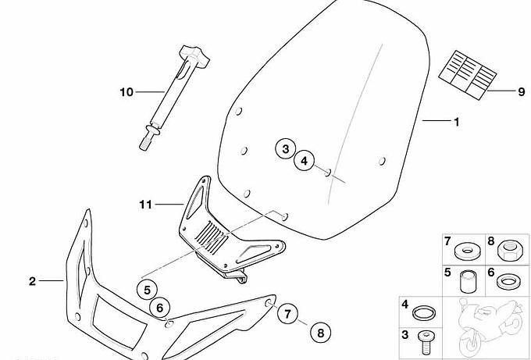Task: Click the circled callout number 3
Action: pyautogui.click(x=286, y=148)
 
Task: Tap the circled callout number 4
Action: pyautogui.click(x=304, y=161)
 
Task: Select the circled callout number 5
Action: pyautogui.click(x=147, y=290)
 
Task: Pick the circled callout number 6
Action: pyautogui.click(x=159, y=308)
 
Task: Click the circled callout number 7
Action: pyautogui.click(x=287, y=314)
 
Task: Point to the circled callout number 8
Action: pyautogui.click(x=320, y=333)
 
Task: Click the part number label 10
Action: pyautogui.click(x=127, y=92)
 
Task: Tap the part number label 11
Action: pyautogui.click(x=145, y=205)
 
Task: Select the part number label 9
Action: pyautogui.click(x=522, y=91)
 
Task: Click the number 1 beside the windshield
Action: pyautogui.click(x=457, y=122)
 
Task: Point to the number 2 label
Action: pyautogui.click(x=32, y=281)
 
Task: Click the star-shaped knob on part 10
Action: pyautogui.click(x=194, y=55)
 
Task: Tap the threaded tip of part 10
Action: pyautogui.click(x=145, y=142)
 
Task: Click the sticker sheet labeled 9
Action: pyautogui.click(x=468, y=75)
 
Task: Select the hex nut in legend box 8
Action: pyautogui.click(x=509, y=250)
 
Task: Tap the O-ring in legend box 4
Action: pyautogui.click(x=424, y=312)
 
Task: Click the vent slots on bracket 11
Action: pyautogui.click(x=211, y=234)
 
